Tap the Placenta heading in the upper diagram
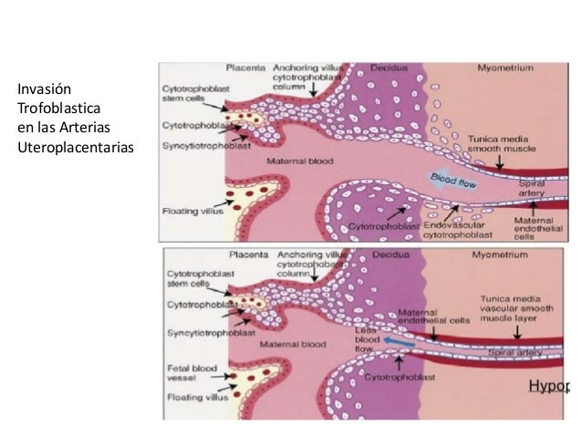246,68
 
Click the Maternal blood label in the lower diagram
293,344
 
